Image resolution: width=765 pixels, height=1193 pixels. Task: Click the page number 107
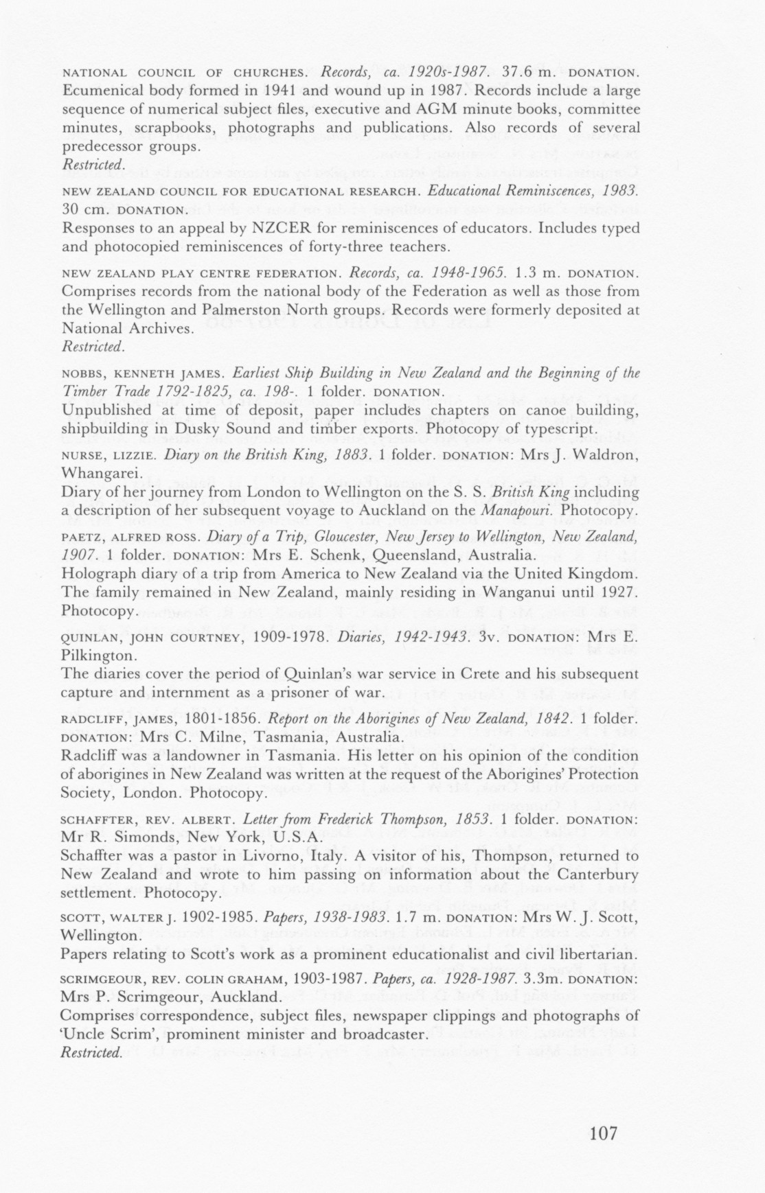click(x=603, y=1133)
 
